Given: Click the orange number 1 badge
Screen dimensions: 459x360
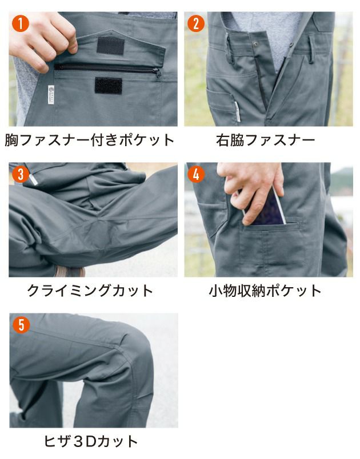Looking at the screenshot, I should (21, 24).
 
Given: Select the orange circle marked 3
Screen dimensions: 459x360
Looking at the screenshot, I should (21, 174).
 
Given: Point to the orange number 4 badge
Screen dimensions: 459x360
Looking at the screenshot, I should (196, 174).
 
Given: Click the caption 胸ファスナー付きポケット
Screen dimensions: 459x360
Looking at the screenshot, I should (90, 140).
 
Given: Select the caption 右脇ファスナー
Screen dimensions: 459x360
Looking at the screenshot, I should (266, 140).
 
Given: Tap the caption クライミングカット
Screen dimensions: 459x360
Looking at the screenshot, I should (90, 290).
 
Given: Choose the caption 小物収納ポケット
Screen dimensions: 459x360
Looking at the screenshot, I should (265, 291).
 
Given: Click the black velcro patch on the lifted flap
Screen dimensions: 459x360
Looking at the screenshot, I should (110, 45).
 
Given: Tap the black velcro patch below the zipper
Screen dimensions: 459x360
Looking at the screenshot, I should (109, 85).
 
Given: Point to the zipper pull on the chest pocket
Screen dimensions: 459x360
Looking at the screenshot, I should (157, 72).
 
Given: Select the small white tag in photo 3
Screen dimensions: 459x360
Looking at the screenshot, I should (35, 181).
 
